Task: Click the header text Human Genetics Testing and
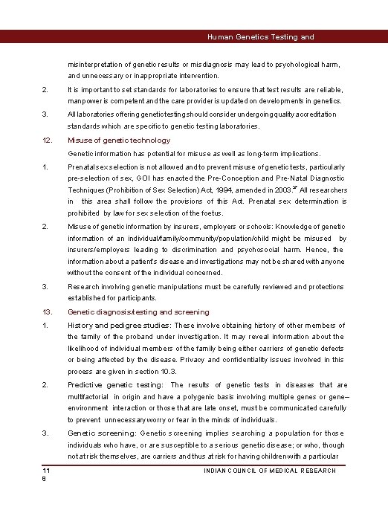(x=260, y=36)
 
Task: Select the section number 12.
(x=46, y=140)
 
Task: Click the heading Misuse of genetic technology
(x=119, y=140)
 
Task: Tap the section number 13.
(x=46, y=312)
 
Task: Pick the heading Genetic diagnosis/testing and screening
(x=138, y=312)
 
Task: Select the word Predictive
(x=85, y=385)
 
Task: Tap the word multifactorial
(x=88, y=396)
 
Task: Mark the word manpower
(x=85, y=100)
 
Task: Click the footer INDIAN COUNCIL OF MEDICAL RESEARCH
(x=271, y=471)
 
